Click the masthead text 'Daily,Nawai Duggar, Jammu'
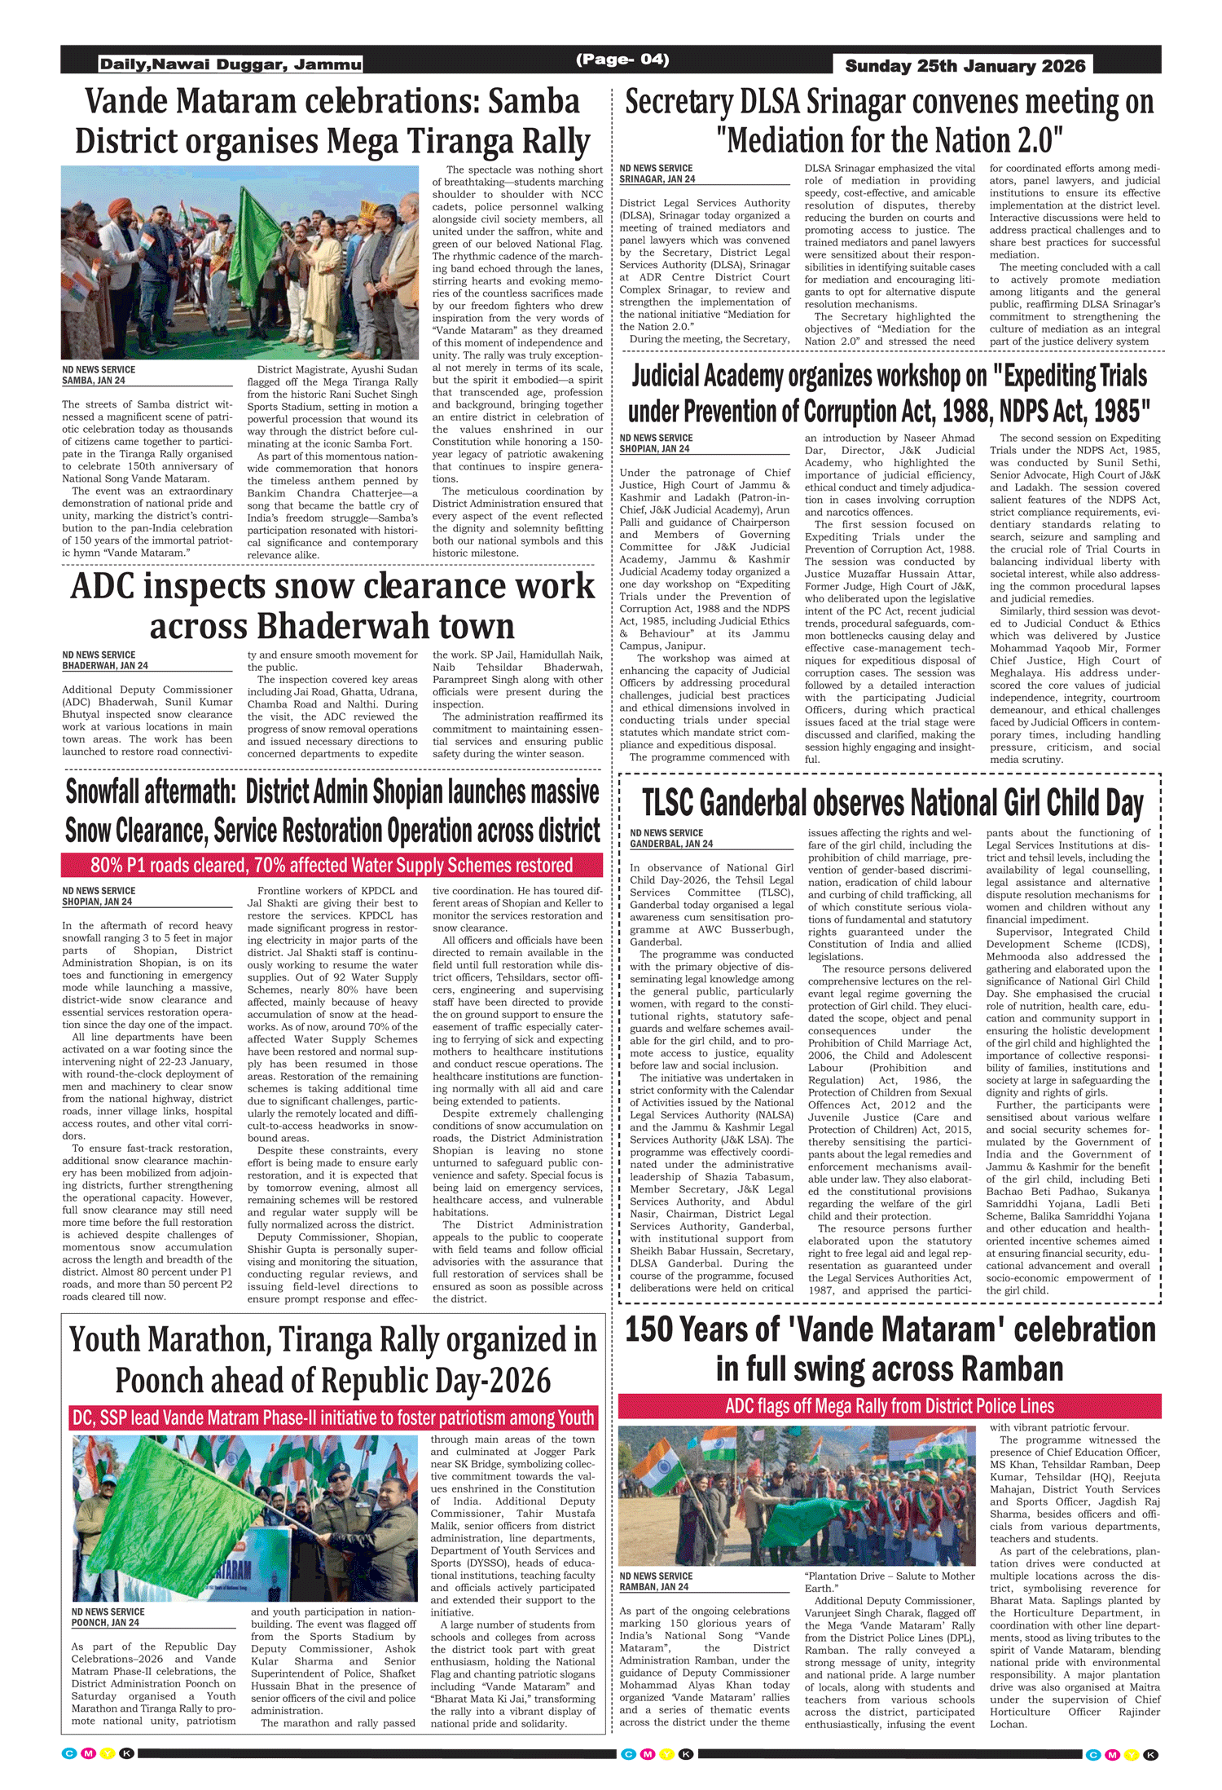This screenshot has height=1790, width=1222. click(231, 64)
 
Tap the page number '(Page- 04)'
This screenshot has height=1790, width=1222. click(622, 60)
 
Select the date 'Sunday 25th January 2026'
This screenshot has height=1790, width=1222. click(965, 66)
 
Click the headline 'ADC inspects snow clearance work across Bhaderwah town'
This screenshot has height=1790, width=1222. click(332, 606)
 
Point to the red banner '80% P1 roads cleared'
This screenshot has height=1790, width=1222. click(332, 865)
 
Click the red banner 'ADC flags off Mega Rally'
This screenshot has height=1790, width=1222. click(890, 1406)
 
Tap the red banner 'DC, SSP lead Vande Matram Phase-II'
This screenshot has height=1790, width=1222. click(333, 1417)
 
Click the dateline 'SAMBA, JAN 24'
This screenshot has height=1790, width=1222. click(94, 381)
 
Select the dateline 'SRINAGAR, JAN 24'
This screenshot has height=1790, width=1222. click(657, 179)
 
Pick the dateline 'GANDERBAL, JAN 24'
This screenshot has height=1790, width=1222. click(671, 844)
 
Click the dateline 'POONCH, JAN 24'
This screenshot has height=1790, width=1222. click(105, 1622)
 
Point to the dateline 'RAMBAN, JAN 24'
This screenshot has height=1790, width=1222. click(654, 1587)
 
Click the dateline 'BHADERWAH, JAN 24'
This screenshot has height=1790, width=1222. click(105, 666)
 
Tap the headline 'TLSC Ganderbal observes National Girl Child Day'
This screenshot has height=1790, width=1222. click(892, 803)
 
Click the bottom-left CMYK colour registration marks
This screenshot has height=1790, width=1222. click(98, 1753)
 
